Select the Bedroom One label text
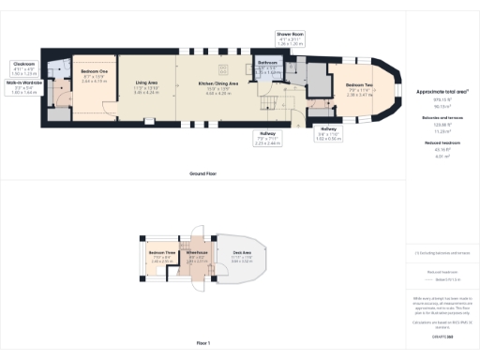point(93,75)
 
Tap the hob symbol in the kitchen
point(224,67)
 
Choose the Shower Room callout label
point(291,38)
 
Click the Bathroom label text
point(267,64)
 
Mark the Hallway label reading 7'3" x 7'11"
point(267,138)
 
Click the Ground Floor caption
point(203,174)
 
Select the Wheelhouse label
point(196,255)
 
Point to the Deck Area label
point(242,255)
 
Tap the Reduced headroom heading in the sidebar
point(439,143)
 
